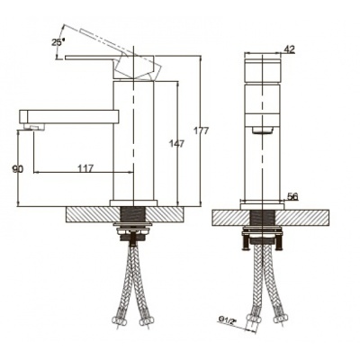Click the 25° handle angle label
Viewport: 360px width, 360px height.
pos(58,42)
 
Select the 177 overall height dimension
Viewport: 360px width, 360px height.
pos(201,130)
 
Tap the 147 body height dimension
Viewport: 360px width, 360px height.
pos(177,144)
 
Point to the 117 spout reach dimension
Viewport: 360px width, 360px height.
pos(86,168)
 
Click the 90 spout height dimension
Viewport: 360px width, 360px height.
pos(18,169)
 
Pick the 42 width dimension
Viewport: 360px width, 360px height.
pos(290,49)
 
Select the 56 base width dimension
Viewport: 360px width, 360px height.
pos(292,196)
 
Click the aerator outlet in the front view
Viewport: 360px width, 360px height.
pos(263,130)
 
